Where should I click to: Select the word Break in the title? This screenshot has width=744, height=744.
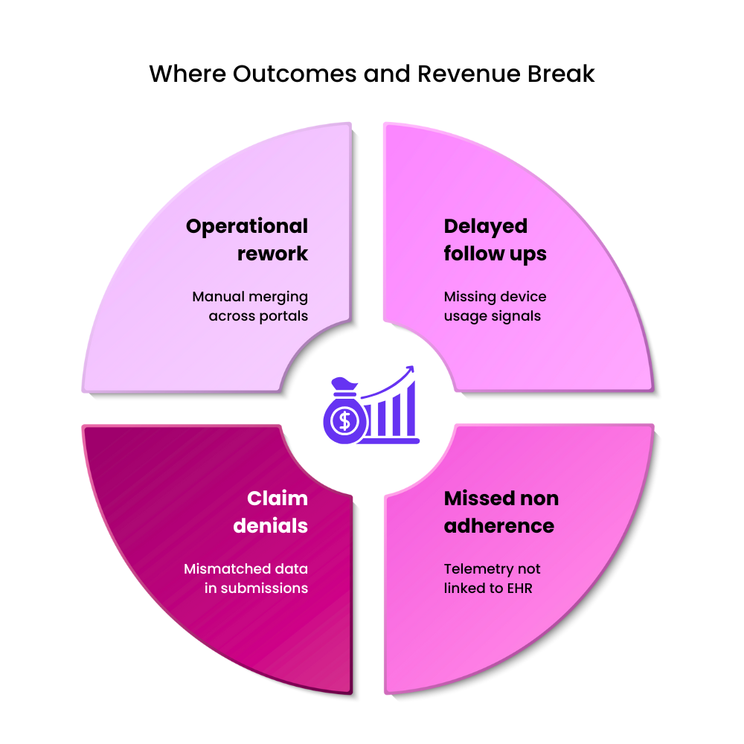pyautogui.click(x=564, y=74)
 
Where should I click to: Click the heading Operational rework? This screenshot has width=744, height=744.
pyautogui.click(x=247, y=240)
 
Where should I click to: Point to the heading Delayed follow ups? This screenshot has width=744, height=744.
pyautogui.click(x=495, y=240)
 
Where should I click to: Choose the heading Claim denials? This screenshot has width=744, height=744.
pyautogui.click(x=270, y=512)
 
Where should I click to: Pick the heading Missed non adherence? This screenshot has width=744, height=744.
pyautogui.click(x=501, y=512)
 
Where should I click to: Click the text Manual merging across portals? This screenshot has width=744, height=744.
pyautogui.click(x=250, y=306)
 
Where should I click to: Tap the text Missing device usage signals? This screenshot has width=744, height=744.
pyautogui.click(x=495, y=306)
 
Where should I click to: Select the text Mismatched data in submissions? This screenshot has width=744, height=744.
pyautogui.click(x=246, y=578)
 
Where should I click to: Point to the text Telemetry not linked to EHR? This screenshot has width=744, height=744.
pyautogui.click(x=492, y=578)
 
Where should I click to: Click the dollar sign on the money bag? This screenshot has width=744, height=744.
pyautogui.click(x=344, y=420)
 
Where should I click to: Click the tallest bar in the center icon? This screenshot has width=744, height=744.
pyautogui.click(x=407, y=411)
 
